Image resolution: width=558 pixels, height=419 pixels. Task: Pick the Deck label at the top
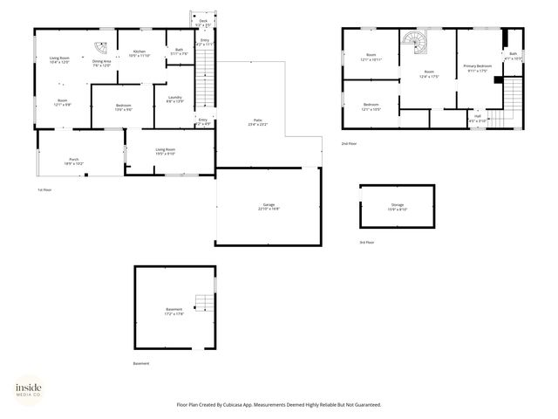click(203, 21)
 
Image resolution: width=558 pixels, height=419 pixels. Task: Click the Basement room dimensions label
click(174, 313)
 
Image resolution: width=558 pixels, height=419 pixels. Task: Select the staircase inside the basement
click(202, 304)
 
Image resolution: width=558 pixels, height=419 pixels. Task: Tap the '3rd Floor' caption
click(367, 242)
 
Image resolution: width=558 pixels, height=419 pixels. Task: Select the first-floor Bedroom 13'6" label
click(123, 107)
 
